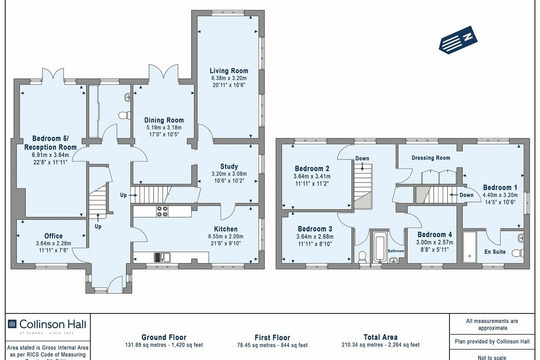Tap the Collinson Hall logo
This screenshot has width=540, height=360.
48,324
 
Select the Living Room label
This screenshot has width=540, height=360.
229,70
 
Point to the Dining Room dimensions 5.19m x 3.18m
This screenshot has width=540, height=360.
164,127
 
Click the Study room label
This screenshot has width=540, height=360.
229,167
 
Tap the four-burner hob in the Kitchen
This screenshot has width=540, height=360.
162,211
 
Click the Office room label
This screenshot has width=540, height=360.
54,236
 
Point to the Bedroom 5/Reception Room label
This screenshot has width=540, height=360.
50,143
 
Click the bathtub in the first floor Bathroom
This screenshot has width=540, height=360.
380,247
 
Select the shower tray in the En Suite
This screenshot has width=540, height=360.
470,247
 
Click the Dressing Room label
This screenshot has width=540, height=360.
431,158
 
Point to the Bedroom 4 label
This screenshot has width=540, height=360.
434,235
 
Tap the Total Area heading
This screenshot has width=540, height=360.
380,337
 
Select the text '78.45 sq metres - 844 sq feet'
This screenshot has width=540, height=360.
272,345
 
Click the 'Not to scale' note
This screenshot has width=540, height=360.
491,357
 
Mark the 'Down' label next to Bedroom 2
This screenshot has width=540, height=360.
362,159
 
